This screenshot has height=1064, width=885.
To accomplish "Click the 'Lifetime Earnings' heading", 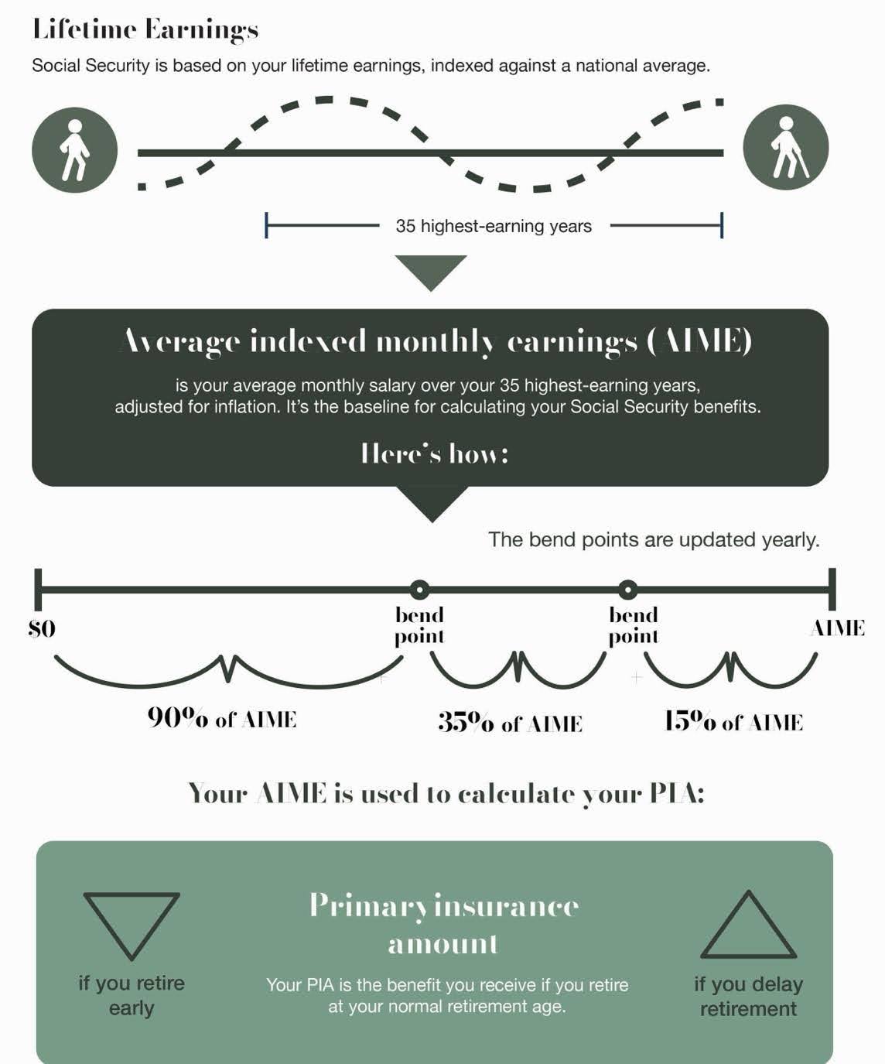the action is (145, 30).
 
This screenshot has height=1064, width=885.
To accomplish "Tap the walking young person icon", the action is (74, 150).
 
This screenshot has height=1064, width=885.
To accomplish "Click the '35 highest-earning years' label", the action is (494, 226).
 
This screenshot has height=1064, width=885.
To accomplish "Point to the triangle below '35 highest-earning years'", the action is (431, 270).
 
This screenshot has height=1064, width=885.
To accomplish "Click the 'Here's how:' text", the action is (435, 453).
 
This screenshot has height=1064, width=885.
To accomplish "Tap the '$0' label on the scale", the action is (42, 629).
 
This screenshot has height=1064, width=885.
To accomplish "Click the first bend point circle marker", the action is (419, 590).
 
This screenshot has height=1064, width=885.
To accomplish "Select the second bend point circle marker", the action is (627, 590).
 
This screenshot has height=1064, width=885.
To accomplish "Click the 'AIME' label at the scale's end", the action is (837, 628).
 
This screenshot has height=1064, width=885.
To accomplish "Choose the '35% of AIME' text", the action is (510, 722).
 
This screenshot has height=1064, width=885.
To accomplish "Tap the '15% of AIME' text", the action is (733, 721).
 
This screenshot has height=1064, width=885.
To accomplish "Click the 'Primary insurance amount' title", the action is (444, 924).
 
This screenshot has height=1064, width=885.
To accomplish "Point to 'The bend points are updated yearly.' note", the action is (654, 539).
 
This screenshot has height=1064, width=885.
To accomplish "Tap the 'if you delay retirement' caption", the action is (748, 996).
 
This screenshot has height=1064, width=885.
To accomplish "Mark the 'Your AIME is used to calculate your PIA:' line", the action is (446, 793).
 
